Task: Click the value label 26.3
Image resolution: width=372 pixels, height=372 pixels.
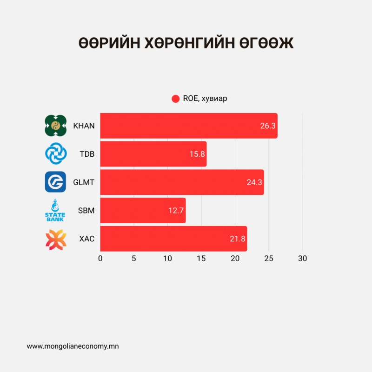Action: [x=268, y=126]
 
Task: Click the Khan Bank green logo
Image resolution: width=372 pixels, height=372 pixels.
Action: [x=55, y=126]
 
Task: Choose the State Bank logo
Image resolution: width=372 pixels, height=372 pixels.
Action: [x=55, y=210]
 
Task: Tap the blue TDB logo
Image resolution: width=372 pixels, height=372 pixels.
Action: [x=55, y=154]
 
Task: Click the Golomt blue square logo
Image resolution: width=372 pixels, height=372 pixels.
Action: [x=55, y=182]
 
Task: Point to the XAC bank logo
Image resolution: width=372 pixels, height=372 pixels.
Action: [x=55, y=239]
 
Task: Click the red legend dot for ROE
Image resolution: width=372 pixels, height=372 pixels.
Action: [x=175, y=99]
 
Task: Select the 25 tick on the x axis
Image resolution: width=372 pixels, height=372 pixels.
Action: [x=269, y=259]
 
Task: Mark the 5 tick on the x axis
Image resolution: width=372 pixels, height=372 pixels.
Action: [x=134, y=259]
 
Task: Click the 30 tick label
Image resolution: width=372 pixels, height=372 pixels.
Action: [x=302, y=259]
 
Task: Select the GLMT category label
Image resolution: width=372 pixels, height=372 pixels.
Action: [x=84, y=182]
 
